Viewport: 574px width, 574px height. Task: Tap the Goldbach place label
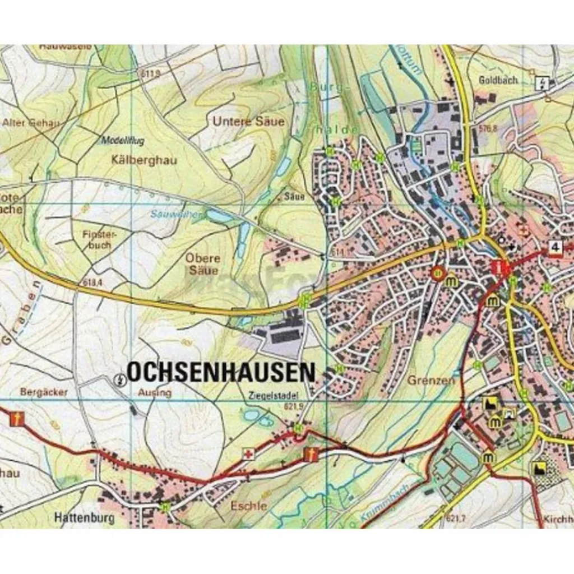tap(498, 80)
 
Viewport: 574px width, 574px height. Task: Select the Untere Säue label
tap(248, 121)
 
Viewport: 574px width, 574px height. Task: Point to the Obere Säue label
tap(202, 265)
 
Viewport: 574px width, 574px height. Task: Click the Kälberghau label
tap(144, 160)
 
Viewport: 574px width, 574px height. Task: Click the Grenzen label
tap(432, 379)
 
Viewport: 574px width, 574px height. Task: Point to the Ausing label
tap(154, 392)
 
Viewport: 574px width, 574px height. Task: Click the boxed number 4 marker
tap(556, 248)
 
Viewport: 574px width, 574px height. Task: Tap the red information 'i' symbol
tap(498, 268)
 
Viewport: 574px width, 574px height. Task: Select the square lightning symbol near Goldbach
tap(542, 84)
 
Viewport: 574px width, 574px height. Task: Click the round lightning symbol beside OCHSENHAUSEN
tap(119, 380)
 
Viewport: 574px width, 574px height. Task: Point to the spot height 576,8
tap(488, 128)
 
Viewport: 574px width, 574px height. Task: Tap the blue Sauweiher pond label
tap(168, 214)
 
